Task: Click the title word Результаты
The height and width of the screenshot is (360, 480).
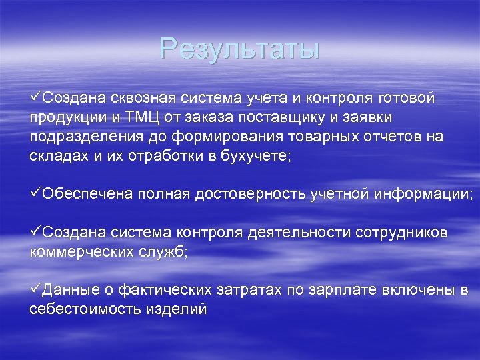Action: [239, 49]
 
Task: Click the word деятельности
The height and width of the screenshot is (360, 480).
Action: [291, 232]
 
